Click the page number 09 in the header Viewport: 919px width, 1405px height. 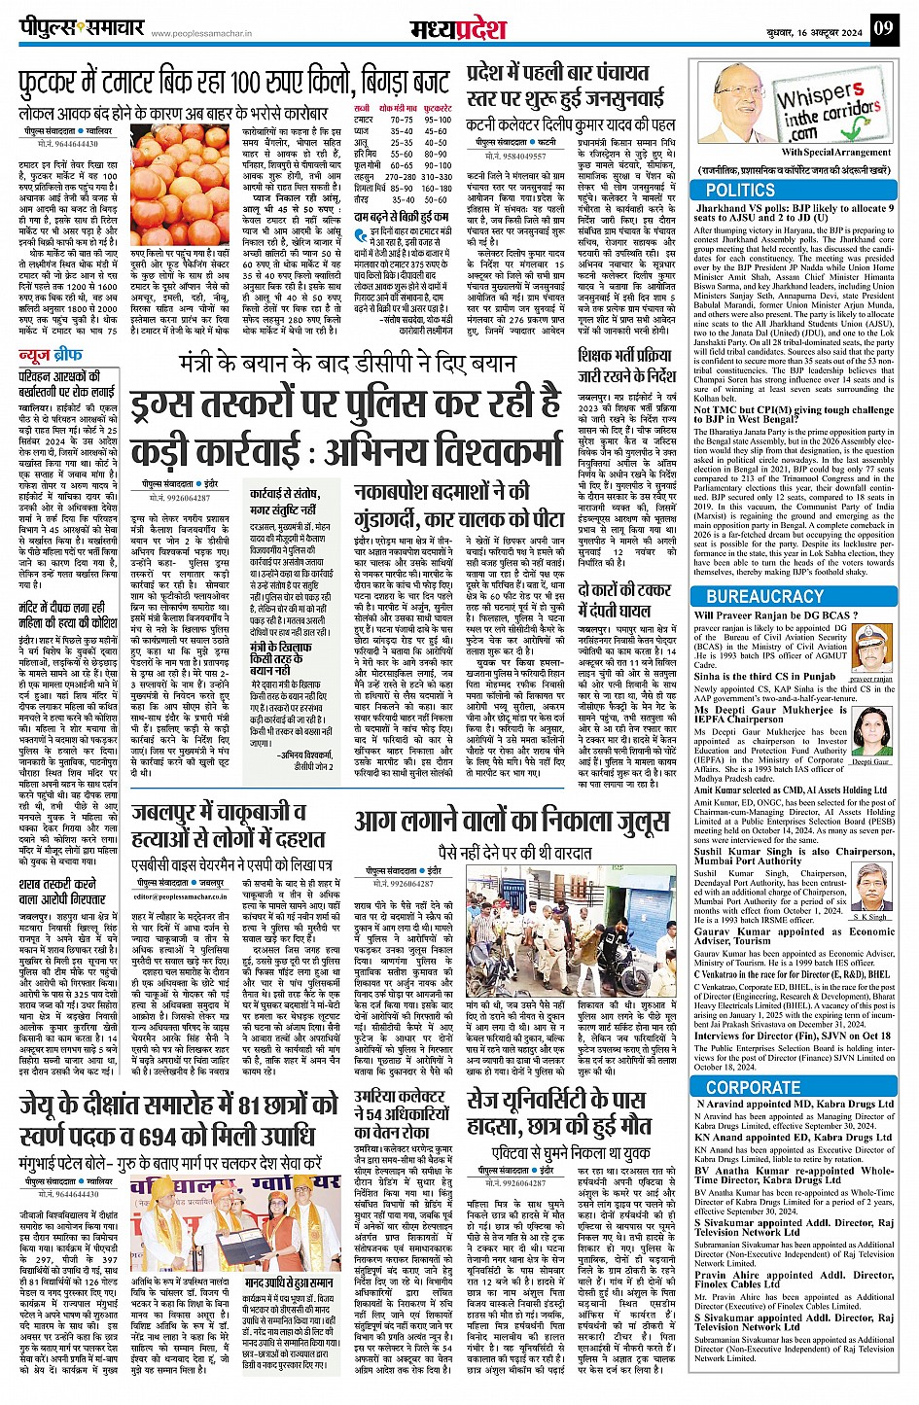tap(882, 28)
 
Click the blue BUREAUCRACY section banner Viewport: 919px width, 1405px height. tap(764, 596)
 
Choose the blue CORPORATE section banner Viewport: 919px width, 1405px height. tap(754, 1087)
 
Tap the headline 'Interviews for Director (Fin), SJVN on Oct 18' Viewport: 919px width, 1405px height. tap(793, 1036)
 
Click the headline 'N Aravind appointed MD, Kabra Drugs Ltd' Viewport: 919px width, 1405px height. tap(795, 1104)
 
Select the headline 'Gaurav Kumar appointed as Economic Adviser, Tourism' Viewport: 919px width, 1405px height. tap(794, 935)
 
